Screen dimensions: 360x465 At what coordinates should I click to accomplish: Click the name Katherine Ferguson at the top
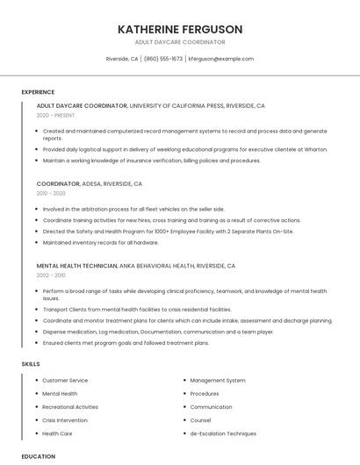coord(180,29)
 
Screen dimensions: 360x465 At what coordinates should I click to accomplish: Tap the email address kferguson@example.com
coord(221,59)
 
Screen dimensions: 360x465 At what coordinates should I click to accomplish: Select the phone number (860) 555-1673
coord(163,59)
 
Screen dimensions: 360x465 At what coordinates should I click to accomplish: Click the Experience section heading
coord(38,92)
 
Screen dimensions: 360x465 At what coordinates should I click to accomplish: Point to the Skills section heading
coord(31,363)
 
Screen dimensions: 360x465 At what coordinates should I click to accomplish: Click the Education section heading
coord(38,456)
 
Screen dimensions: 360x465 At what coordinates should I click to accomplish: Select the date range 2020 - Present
coord(56,115)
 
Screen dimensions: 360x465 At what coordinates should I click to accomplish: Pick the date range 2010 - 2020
coord(51,193)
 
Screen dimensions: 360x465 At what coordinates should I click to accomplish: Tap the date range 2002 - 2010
coord(51,275)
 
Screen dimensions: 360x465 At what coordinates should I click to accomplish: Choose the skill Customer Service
coord(65,381)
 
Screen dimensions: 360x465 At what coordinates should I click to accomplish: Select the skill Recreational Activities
coord(70,407)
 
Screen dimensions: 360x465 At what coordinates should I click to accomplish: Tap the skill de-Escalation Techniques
coord(223,433)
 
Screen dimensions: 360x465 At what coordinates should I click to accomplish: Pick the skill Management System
coord(218,381)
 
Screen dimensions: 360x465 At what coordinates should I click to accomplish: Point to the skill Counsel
coord(201,420)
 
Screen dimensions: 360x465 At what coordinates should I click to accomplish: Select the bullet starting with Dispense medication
coord(158,332)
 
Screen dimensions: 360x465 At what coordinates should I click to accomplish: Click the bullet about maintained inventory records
coord(101,242)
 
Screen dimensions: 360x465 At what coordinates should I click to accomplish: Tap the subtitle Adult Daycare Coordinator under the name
coord(180,42)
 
